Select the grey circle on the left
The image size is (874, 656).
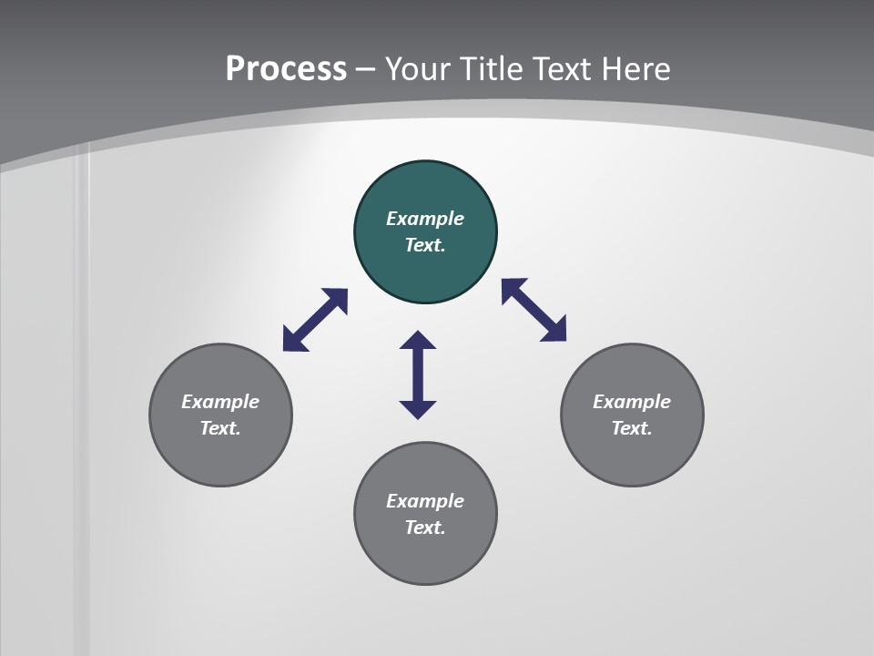pos(220,456)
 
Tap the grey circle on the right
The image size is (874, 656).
pos(632,456)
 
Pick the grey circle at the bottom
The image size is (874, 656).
pos(425,556)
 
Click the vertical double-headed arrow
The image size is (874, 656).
pos(418,374)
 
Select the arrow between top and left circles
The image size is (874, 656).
pos(315,320)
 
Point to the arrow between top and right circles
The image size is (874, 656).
pos(534,310)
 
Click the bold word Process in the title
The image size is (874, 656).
pos(286,68)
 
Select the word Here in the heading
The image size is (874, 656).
pos(636,68)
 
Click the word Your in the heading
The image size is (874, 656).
pos(418,68)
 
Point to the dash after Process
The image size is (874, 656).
pos(365,69)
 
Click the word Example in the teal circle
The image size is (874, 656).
pos(425,219)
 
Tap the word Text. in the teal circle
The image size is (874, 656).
pos(425,245)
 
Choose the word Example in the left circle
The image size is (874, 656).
pos(220,402)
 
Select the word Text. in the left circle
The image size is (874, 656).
pos(220,428)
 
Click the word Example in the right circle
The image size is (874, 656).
pos(632,402)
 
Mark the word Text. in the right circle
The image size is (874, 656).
pos(632,428)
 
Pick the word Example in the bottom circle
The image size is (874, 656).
pos(425,501)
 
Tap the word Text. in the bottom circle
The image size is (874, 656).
pos(425,528)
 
